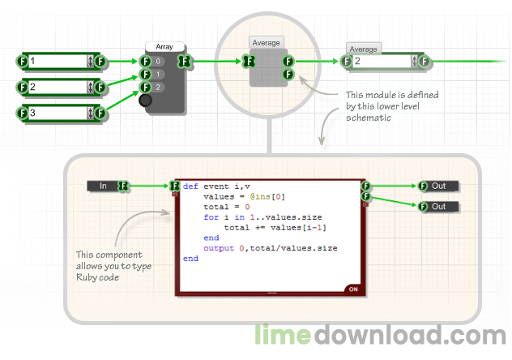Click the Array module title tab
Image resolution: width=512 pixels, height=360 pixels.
[164, 47]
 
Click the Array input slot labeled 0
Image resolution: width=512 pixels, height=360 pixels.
[158, 61]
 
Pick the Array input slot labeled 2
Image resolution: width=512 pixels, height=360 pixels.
[158, 88]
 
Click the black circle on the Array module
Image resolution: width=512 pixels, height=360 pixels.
[145, 101]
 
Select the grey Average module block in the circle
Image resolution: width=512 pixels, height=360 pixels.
[268, 67]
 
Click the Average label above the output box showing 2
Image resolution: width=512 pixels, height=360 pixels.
[363, 49]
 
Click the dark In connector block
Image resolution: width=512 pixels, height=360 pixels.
[104, 186]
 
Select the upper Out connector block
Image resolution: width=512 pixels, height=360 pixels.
[438, 186]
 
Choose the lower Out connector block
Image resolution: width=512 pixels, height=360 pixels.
[438, 207]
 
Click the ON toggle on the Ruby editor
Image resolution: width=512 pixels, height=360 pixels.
[353, 289]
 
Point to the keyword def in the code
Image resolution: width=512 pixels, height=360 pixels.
[190, 186]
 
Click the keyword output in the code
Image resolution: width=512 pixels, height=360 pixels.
[219, 248]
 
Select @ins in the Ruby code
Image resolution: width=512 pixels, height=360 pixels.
[260, 197]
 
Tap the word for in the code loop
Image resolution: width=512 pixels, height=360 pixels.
[211, 217]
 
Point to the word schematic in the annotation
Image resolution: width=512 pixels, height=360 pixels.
[369, 118]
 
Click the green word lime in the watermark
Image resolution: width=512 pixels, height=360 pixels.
[283, 334]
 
